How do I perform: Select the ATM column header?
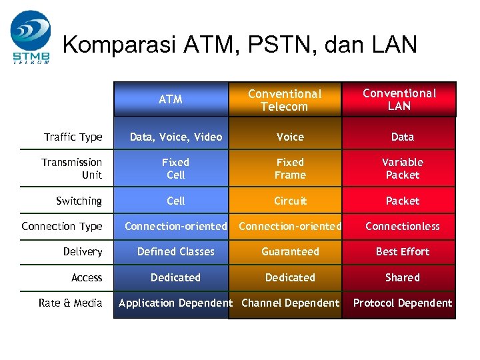[x=171, y=99]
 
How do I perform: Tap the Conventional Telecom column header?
[x=285, y=100]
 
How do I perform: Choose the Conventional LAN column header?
[x=399, y=99]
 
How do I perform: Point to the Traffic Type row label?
[x=73, y=137]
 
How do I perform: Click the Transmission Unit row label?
[x=71, y=169]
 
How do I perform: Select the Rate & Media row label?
[x=70, y=303]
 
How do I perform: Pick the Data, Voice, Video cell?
[x=176, y=137]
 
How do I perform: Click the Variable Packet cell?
[x=403, y=169]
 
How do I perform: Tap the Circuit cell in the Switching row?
[x=291, y=201]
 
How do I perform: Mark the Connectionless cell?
[x=403, y=226]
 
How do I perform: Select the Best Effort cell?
[x=403, y=251]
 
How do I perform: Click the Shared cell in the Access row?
[x=403, y=277]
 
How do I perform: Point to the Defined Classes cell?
[x=176, y=251]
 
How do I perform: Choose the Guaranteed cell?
[x=291, y=251]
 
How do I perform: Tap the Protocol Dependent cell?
[x=403, y=303]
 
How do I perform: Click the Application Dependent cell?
[x=175, y=303]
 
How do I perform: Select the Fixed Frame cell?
[x=291, y=169]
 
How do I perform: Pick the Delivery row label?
[x=83, y=251]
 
